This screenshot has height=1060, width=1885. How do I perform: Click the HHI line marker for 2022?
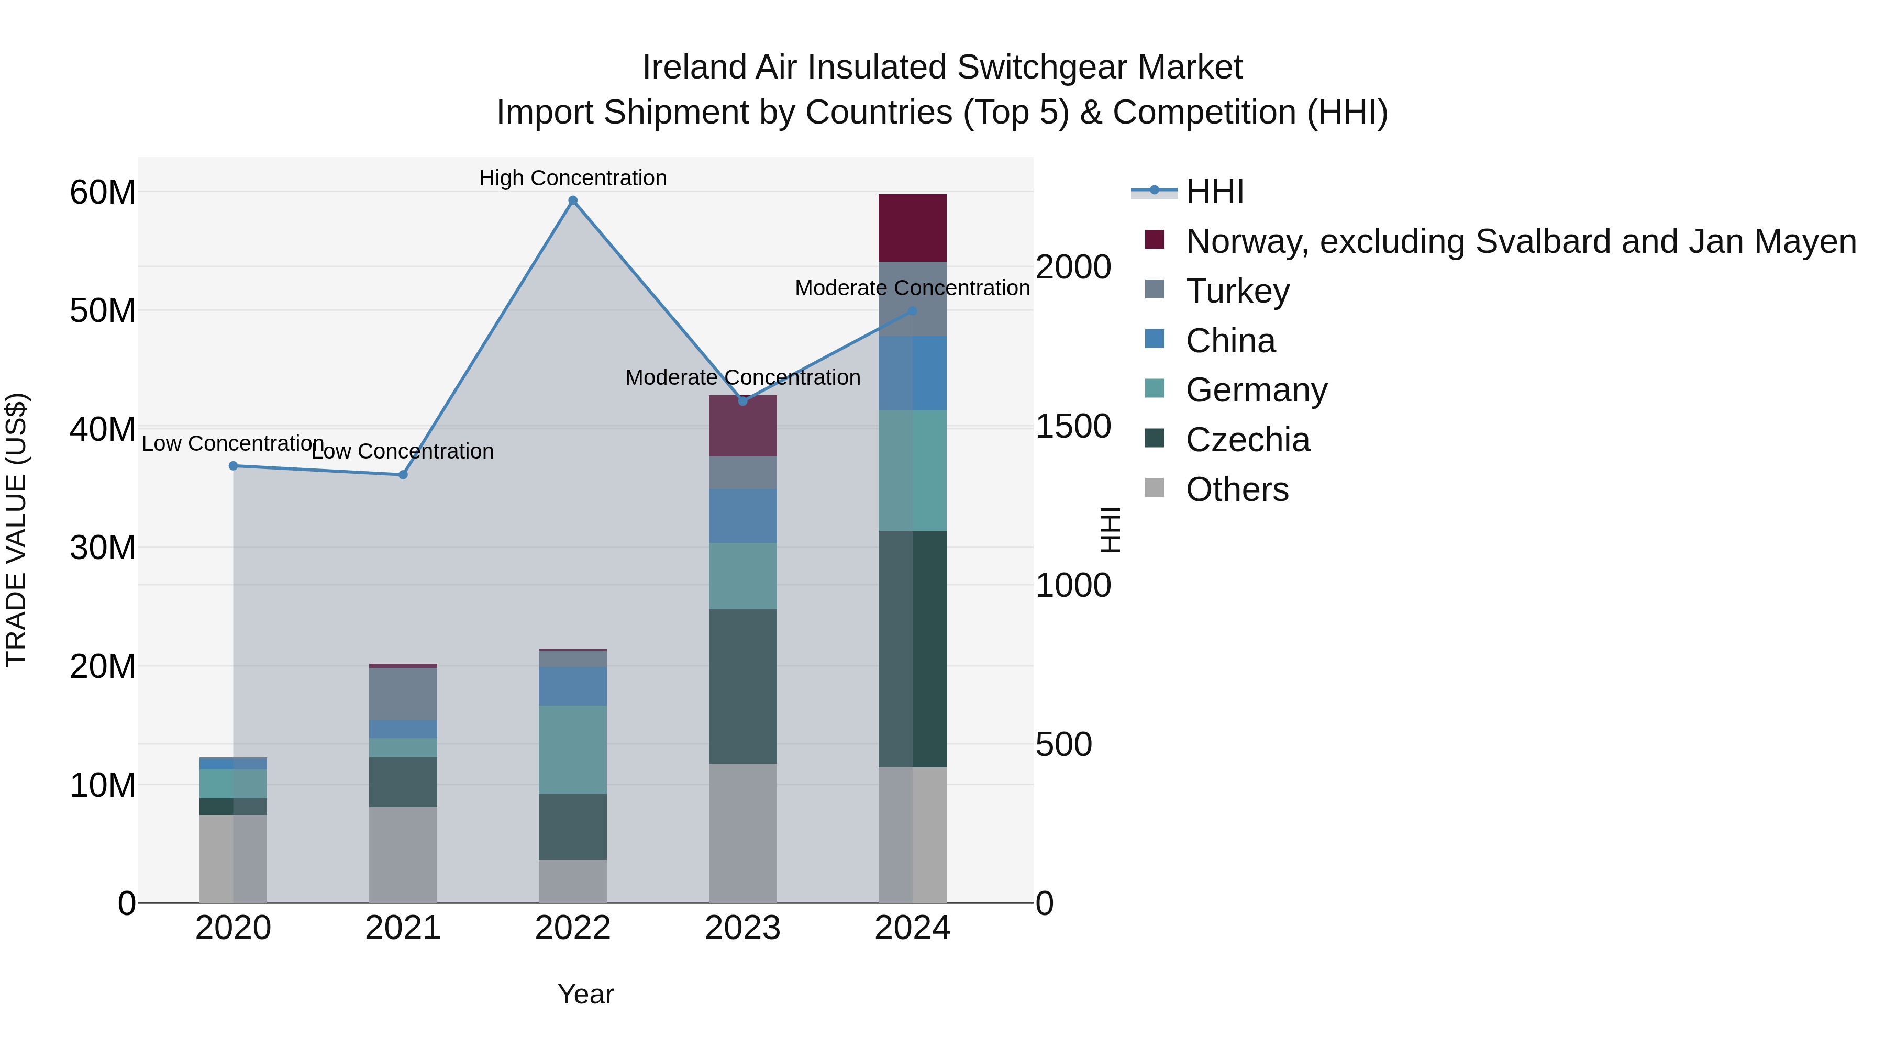pos(573,200)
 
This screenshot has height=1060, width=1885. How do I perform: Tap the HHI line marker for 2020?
pos(234,466)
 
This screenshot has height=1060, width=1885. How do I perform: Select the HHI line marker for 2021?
pos(403,475)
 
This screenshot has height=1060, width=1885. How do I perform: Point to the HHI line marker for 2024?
pos(913,311)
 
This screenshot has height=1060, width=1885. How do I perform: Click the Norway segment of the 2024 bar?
pos(913,228)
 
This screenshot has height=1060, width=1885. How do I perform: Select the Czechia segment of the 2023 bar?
pos(742,686)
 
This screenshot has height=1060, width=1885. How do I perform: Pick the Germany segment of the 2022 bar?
pos(573,749)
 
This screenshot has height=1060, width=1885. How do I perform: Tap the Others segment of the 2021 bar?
pos(403,854)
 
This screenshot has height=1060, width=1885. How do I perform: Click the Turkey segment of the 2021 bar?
pos(403,694)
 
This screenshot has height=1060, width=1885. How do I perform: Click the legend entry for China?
pos(1230,341)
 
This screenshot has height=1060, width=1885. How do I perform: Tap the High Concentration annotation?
pos(573,178)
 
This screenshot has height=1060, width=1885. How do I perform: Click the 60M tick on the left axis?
pos(103,193)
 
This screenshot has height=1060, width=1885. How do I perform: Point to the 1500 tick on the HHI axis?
pos(1073,427)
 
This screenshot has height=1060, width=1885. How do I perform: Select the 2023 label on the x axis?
pos(742,928)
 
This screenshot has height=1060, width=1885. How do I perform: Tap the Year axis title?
pos(585,994)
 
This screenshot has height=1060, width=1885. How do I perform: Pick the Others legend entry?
pos(1237,490)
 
